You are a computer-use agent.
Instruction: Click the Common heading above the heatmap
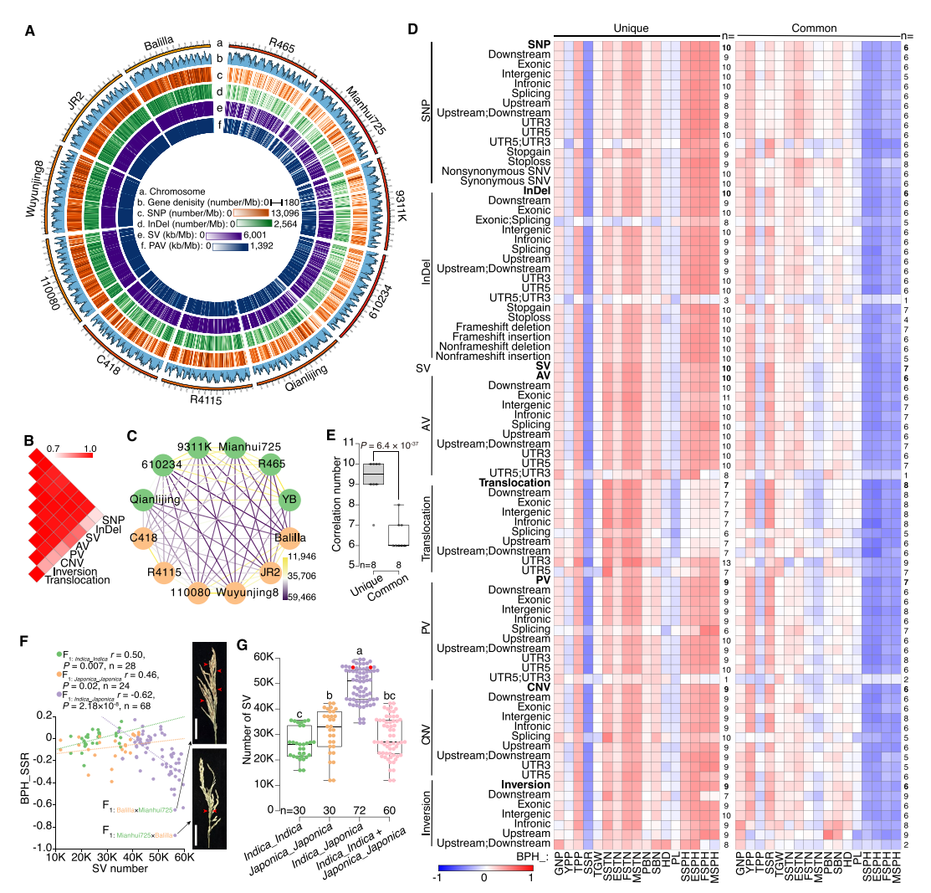pos(816,28)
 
